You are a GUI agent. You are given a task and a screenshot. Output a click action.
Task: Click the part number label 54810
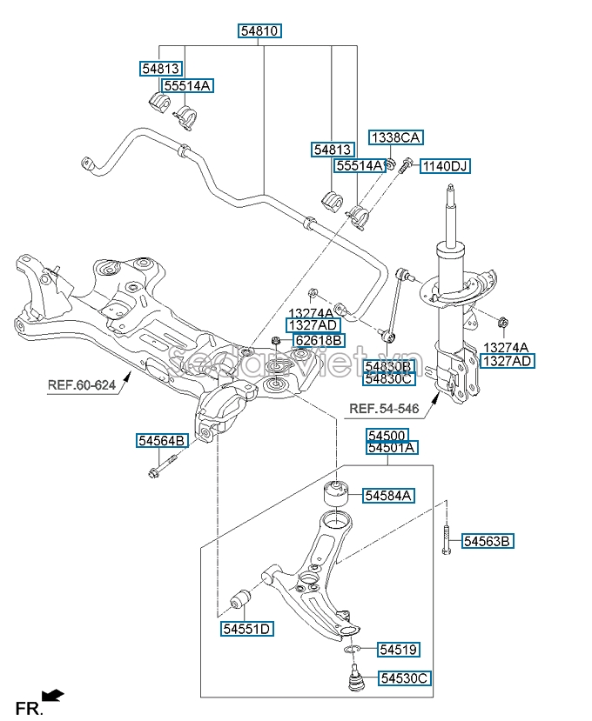tap(260, 31)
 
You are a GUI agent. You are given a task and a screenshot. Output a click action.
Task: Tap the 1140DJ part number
tap(445, 165)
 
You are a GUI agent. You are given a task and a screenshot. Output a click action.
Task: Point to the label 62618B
tap(318, 340)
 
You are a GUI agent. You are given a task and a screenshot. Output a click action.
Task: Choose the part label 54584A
tap(388, 496)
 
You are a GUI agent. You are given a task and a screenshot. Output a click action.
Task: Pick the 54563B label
tap(488, 542)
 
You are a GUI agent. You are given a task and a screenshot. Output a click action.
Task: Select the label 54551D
tap(246, 629)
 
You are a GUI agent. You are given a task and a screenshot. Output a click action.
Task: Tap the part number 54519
tap(399, 649)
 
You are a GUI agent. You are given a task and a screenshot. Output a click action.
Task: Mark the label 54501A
tap(392, 448)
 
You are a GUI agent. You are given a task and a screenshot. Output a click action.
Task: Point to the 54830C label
tap(389, 378)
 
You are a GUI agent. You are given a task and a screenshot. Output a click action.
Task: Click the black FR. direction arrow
tap(54, 695)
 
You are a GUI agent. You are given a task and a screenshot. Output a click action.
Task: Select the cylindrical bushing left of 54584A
tap(336, 492)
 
